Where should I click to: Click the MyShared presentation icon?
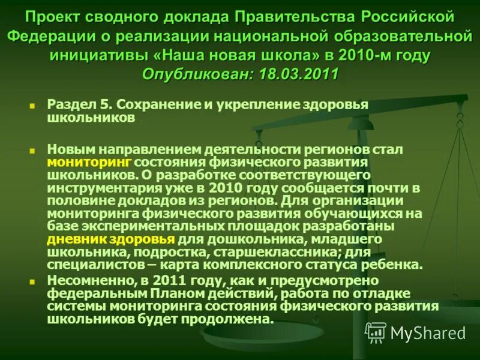(376, 332)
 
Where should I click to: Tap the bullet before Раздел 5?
(32, 104)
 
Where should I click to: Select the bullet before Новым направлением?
(32, 148)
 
